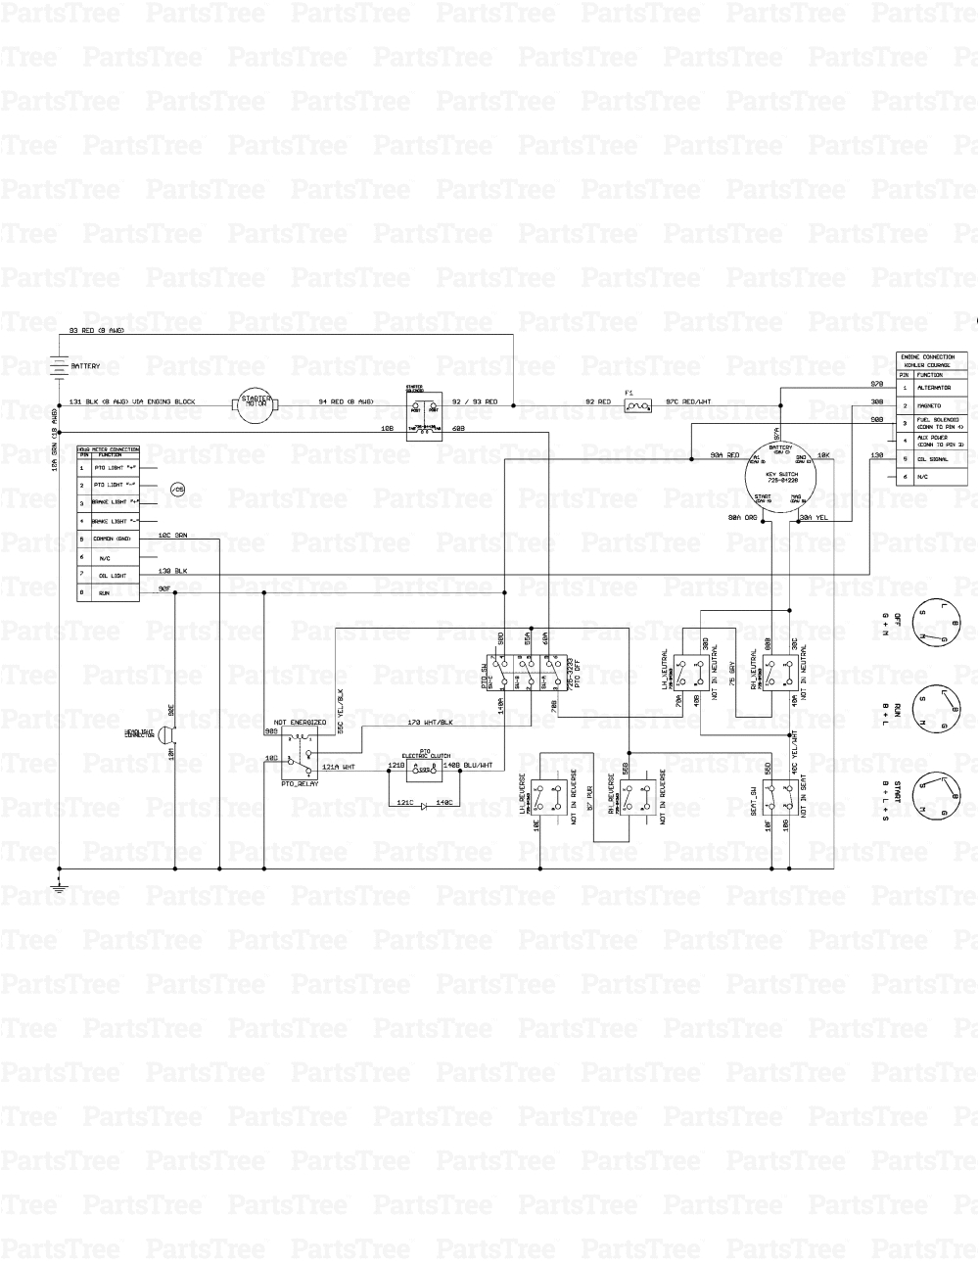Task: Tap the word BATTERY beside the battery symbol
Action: tap(85, 365)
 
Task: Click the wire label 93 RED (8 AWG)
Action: tap(97, 330)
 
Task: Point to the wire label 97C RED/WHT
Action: tap(690, 401)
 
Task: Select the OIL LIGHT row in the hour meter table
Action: tap(109, 576)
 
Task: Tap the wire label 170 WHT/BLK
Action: tap(430, 723)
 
